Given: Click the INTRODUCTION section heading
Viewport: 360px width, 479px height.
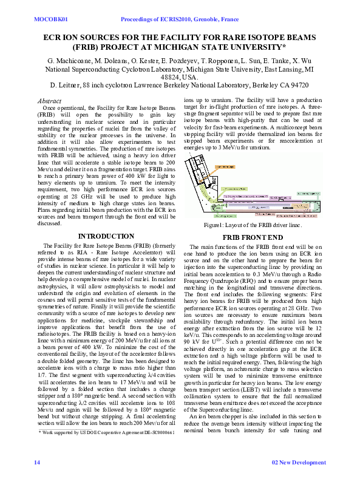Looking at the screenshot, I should point(106,236).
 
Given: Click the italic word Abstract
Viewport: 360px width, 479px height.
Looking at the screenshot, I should point(49,101).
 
